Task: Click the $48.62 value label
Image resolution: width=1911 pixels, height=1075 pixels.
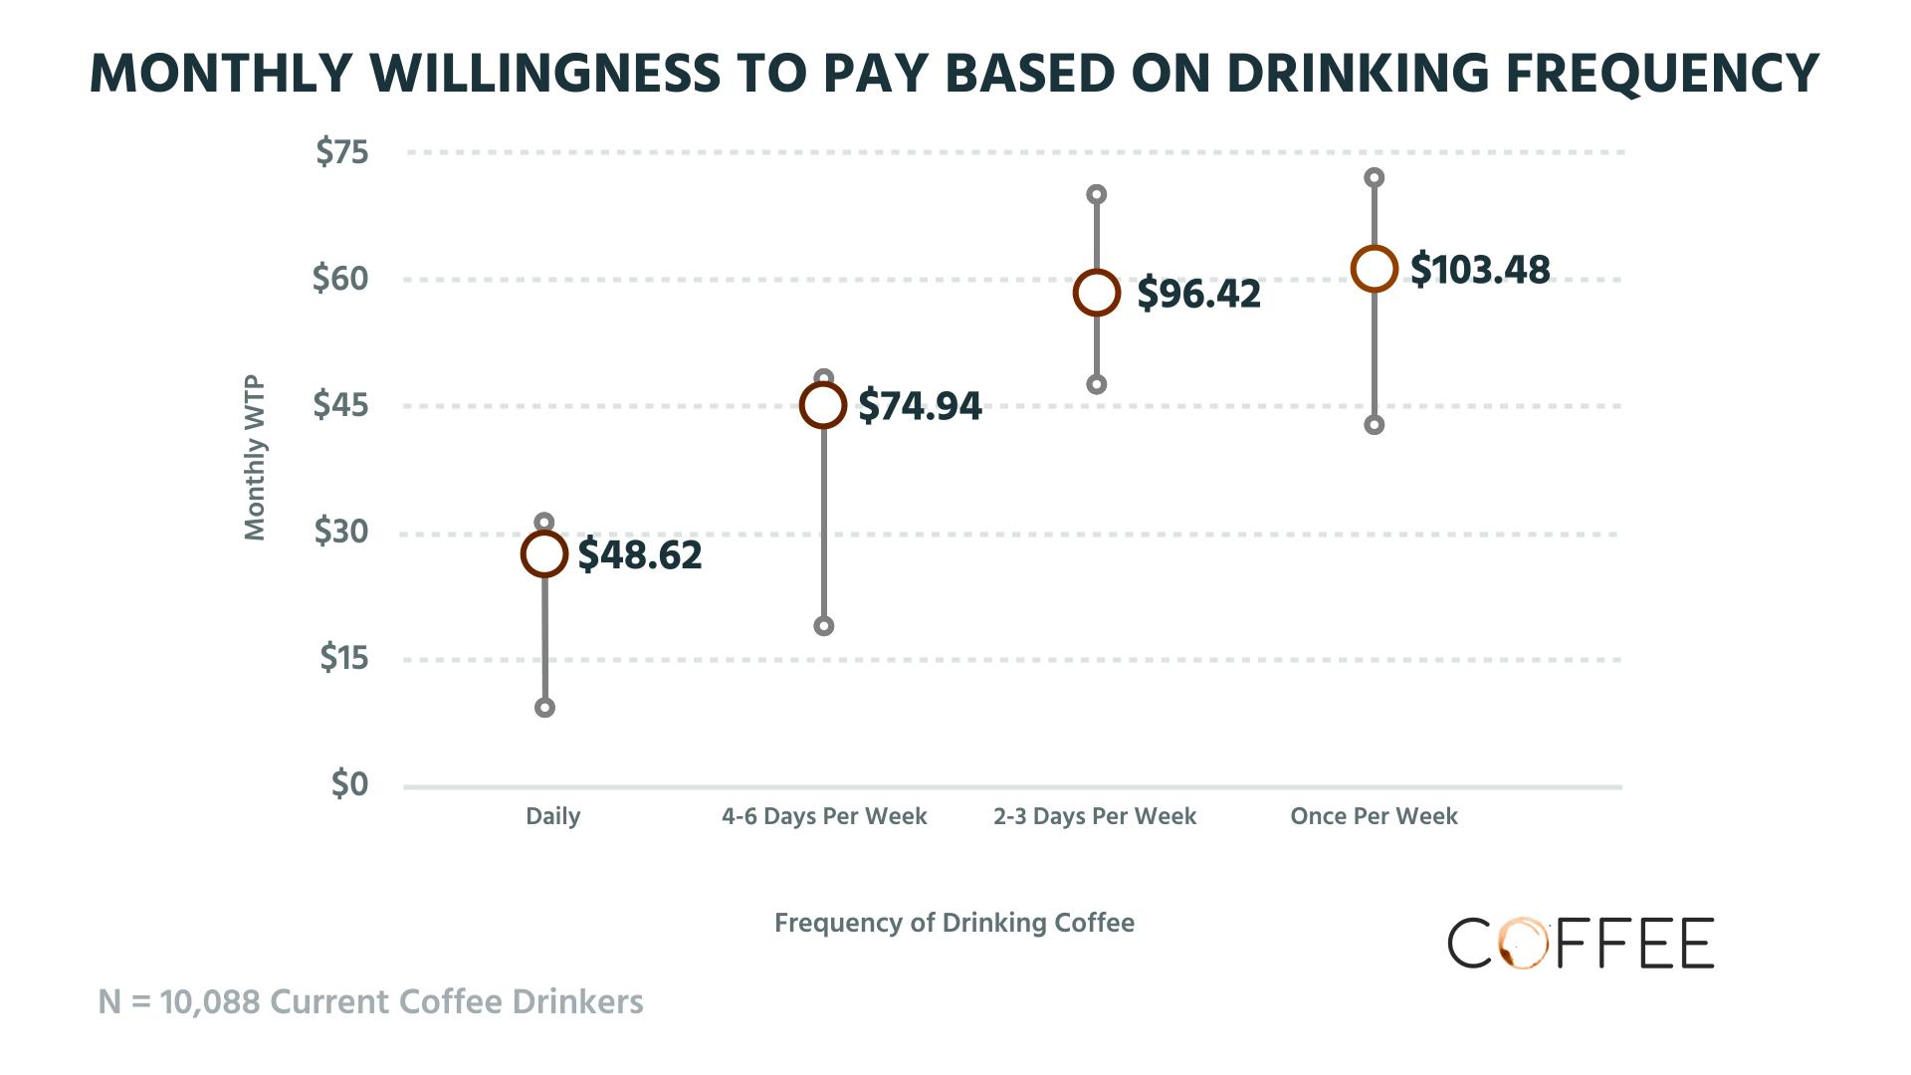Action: (x=640, y=555)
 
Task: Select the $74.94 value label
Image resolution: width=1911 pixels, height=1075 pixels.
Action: (x=920, y=406)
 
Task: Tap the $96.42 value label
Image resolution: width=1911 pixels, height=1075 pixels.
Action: (x=1198, y=294)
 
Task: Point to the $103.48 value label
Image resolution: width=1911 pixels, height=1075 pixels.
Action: (x=1480, y=270)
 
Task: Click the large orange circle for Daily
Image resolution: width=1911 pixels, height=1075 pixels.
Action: (x=544, y=554)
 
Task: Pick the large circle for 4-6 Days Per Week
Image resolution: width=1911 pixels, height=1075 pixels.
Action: (x=823, y=405)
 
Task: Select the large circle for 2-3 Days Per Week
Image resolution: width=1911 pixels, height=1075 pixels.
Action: (x=1097, y=293)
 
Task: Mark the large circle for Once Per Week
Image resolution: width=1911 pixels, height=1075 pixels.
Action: (x=1375, y=269)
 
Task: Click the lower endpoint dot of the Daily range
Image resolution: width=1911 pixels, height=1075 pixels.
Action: (x=544, y=708)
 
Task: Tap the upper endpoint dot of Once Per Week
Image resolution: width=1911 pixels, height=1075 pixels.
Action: (x=1375, y=178)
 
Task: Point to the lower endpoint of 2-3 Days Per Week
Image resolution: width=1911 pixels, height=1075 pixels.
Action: (x=1097, y=384)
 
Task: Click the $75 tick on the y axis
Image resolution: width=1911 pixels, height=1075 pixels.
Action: (x=341, y=152)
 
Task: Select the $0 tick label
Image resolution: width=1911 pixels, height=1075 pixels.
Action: (x=349, y=784)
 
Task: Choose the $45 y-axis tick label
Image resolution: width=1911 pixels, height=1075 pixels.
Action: (x=340, y=405)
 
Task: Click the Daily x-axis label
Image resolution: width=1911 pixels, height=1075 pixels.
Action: (x=552, y=816)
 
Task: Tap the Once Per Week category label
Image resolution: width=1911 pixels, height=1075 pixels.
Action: (x=1374, y=816)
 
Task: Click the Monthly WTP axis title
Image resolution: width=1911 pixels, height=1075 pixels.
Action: (x=256, y=458)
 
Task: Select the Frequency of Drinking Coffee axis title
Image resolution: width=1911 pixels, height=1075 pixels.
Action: (x=954, y=923)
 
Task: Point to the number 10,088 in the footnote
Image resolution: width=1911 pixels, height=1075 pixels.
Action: (x=210, y=1001)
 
